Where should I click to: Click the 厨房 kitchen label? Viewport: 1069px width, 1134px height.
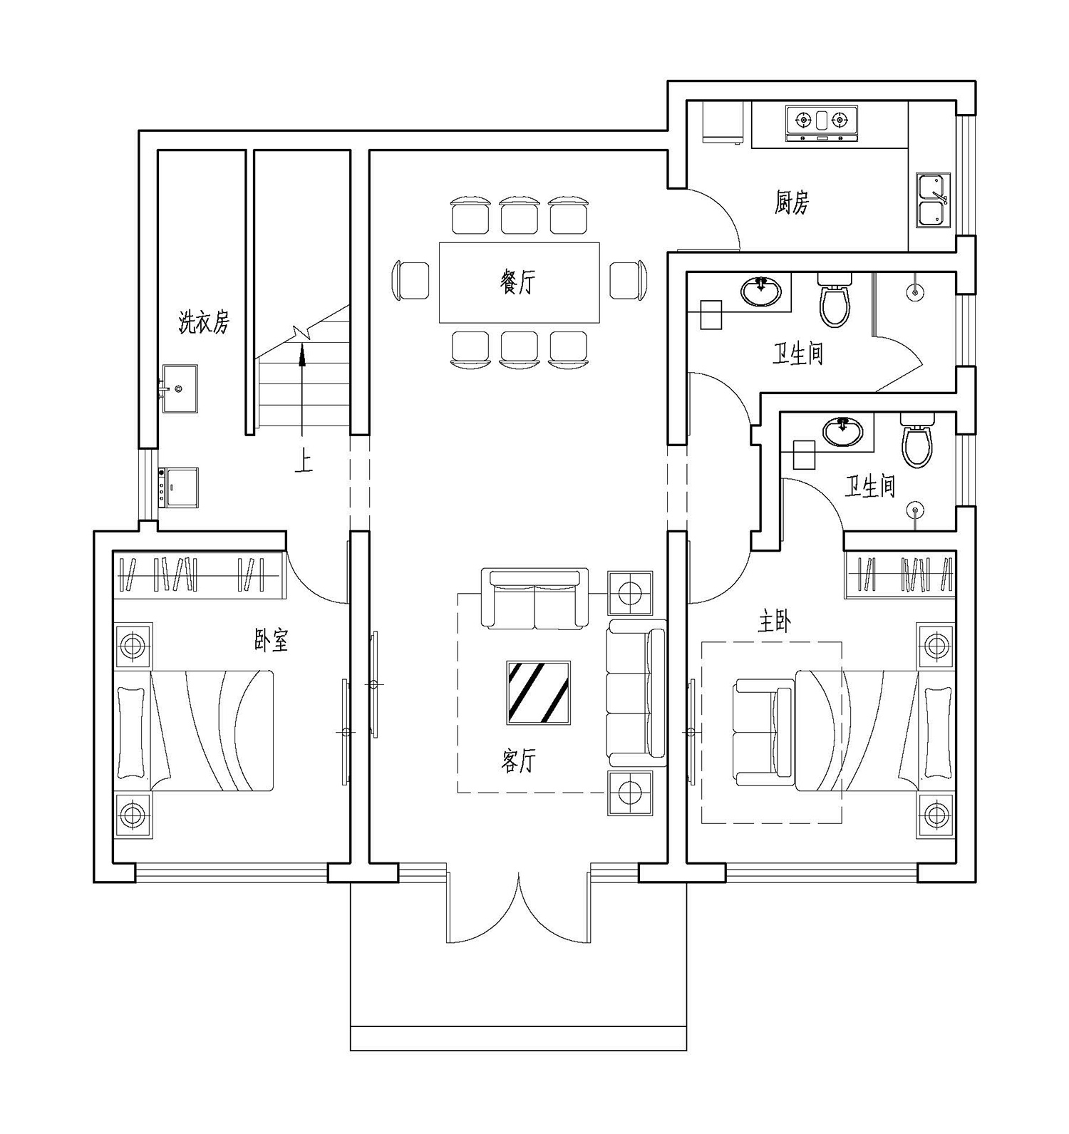[x=792, y=202]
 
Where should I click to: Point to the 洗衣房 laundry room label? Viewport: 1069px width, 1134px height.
[x=204, y=323]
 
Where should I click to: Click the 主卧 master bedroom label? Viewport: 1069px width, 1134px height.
[x=774, y=623]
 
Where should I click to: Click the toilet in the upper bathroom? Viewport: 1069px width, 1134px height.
[x=835, y=299]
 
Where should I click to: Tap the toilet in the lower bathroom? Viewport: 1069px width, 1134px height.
[x=917, y=439]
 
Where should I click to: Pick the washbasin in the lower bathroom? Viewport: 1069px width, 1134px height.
[x=842, y=431]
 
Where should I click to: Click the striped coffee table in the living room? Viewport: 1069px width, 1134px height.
[x=538, y=692]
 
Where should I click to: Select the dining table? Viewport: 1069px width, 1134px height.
[x=519, y=282]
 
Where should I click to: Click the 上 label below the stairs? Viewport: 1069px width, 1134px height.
[x=304, y=463]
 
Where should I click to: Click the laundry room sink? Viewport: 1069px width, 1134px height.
[x=179, y=388]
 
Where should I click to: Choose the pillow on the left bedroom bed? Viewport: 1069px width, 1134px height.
[x=130, y=732]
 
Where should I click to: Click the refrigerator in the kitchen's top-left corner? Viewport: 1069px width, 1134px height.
[x=722, y=122]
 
